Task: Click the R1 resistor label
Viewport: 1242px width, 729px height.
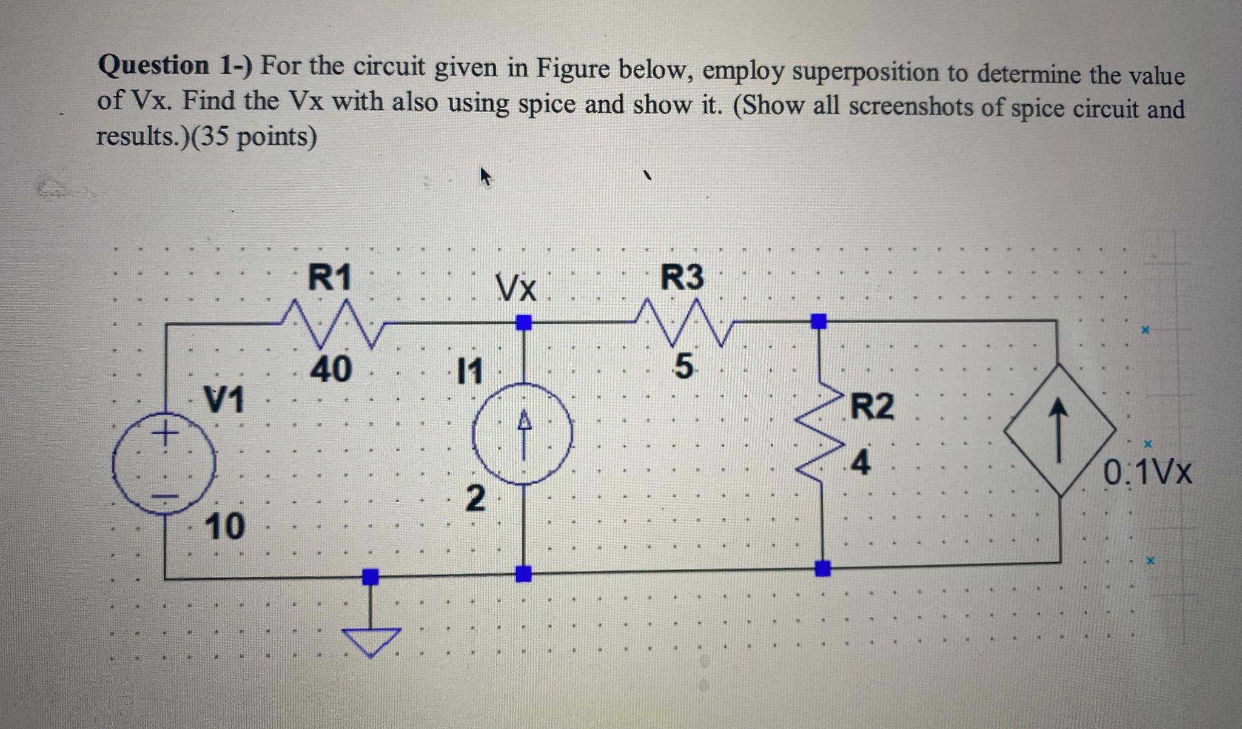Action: pos(330,278)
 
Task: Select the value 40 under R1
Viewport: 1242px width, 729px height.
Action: pos(331,369)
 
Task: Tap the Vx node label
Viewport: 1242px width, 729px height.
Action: pos(516,287)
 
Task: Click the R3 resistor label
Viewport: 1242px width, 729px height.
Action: pos(682,278)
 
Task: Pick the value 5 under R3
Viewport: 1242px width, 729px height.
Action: pos(683,367)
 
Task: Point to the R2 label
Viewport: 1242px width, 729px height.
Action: pos(872,406)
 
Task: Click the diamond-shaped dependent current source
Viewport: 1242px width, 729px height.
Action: pos(1059,430)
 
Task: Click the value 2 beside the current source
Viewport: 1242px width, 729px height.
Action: pos(475,499)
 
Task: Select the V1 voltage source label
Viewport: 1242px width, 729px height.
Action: pos(224,399)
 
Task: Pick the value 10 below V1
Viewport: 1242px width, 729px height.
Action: pos(224,526)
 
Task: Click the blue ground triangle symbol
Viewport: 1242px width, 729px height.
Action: pos(371,640)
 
